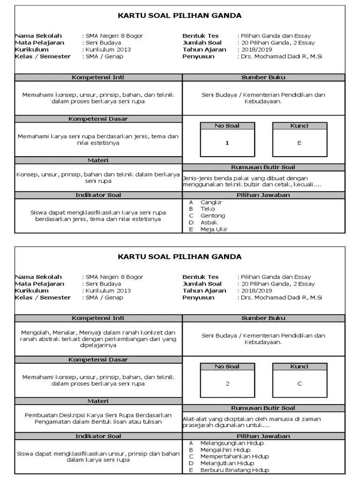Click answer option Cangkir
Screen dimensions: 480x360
(x=211, y=202)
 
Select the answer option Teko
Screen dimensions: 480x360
(x=207, y=209)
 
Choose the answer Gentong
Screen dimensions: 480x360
(x=212, y=216)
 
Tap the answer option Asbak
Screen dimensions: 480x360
(x=209, y=222)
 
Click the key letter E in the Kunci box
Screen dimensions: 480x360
(x=299, y=143)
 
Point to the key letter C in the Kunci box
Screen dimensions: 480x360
(x=299, y=383)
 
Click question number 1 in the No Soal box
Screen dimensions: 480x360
(x=227, y=143)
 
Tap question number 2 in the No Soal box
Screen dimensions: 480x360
(x=227, y=383)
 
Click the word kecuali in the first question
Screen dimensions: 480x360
(x=310, y=185)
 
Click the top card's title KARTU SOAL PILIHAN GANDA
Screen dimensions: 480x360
(x=180, y=15)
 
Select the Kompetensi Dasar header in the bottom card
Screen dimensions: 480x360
(x=98, y=360)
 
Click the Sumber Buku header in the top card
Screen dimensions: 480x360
(x=263, y=77)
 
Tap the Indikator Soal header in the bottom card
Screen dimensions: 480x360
(x=98, y=436)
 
